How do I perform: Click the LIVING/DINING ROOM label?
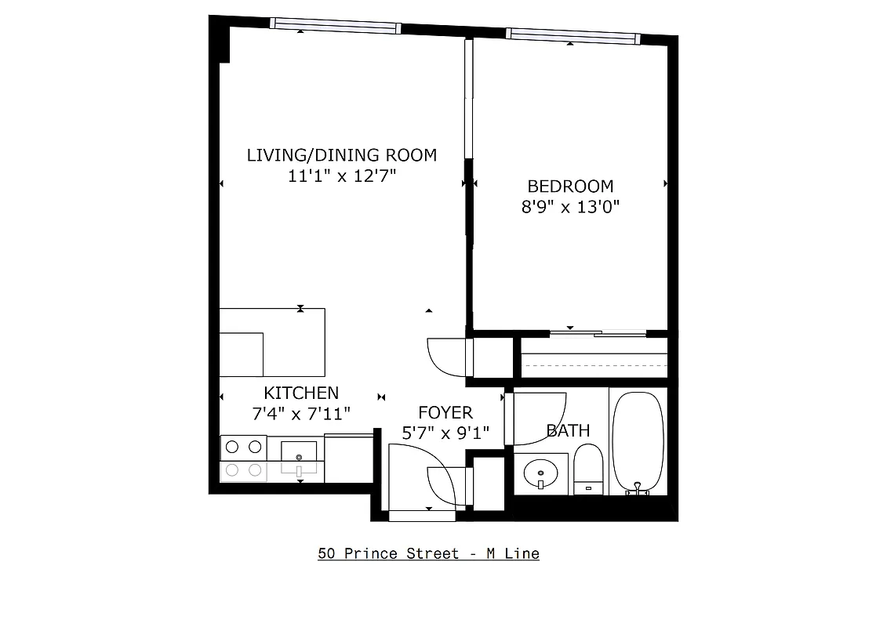click(341, 154)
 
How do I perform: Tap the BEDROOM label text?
click(570, 187)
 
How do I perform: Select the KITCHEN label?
click(301, 393)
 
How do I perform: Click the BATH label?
click(568, 430)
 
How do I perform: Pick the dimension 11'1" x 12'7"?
click(341, 176)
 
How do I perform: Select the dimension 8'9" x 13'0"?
click(570, 208)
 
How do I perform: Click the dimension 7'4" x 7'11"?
click(301, 414)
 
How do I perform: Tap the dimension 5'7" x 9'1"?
click(445, 433)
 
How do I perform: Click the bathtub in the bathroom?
click(638, 441)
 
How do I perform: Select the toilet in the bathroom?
click(587, 469)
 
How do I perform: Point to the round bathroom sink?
click(540, 473)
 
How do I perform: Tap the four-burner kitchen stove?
click(243, 458)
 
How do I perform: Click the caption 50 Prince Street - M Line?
click(428, 553)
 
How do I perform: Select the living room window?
click(335, 25)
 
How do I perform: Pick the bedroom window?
click(573, 34)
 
